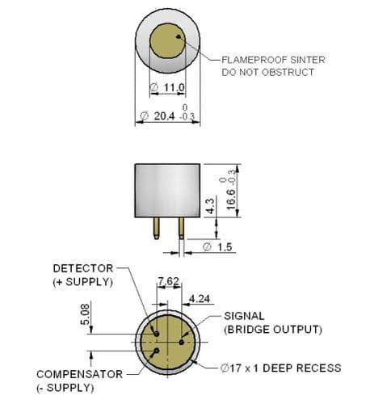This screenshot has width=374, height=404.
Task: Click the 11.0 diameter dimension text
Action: pyautogui.click(x=174, y=87)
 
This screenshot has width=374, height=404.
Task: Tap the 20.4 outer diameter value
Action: pyautogui.click(x=164, y=116)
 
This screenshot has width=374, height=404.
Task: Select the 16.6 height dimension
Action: pyautogui.click(x=231, y=200)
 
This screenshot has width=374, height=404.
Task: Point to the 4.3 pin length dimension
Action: pyautogui.click(x=211, y=206)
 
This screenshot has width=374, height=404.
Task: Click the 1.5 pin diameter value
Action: pyautogui.click(x=225, y=246)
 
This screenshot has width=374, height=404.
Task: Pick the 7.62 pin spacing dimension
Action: pyautogui.click(x=169, y=281)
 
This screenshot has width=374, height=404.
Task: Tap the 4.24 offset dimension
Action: pyautogui.click(x=200, y=298)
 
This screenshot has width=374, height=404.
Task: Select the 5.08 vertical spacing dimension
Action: pyautogui.click(x=85, y=314)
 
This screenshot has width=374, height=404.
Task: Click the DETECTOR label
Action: pyautogui.click(x=83, y=268)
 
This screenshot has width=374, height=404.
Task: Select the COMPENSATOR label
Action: pyautogui.click(x=80, y=374)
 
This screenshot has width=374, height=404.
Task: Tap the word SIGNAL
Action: pyautogui.click(x=244, y=316)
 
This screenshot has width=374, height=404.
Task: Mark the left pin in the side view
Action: pyautogui.click(x=156, y=228)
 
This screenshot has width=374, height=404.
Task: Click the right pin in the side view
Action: pyautogui.click(x=182, y=228)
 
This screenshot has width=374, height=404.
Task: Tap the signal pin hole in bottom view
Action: pyautogui.click(x=182, y=343)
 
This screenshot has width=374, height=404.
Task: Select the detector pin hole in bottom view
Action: pyautogui.click(x=157, y=334)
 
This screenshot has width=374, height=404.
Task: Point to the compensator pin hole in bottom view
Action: pyautogui.click(x=156, y=351)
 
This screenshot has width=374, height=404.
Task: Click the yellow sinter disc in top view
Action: pyautogui.click(x=167, y=40)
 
